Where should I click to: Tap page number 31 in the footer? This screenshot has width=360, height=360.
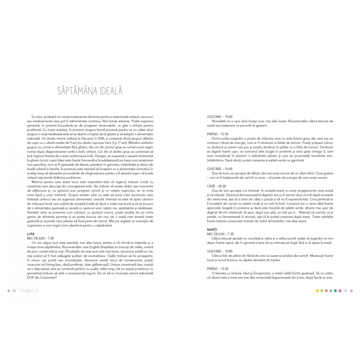[x=346, y=291]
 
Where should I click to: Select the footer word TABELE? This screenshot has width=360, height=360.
[x=29, y=291]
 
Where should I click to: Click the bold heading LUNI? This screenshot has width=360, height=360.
[x=31, y=234]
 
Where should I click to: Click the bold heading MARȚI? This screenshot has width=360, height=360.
[x=212, y=229]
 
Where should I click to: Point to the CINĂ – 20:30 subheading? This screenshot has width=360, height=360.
[x=216, y=186]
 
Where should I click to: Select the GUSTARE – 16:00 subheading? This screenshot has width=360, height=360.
[x=220, y=169]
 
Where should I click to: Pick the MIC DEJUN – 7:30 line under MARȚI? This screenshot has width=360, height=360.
[x=220, y=234]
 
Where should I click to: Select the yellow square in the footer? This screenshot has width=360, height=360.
[x=318, y=291]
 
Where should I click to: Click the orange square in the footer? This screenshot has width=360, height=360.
[x=326, y=291]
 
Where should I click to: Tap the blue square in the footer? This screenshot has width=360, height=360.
[x=331, y=291]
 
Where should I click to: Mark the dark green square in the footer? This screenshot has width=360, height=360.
[x=335, y=291]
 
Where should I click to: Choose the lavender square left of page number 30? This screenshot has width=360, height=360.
[x=9, y=291]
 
